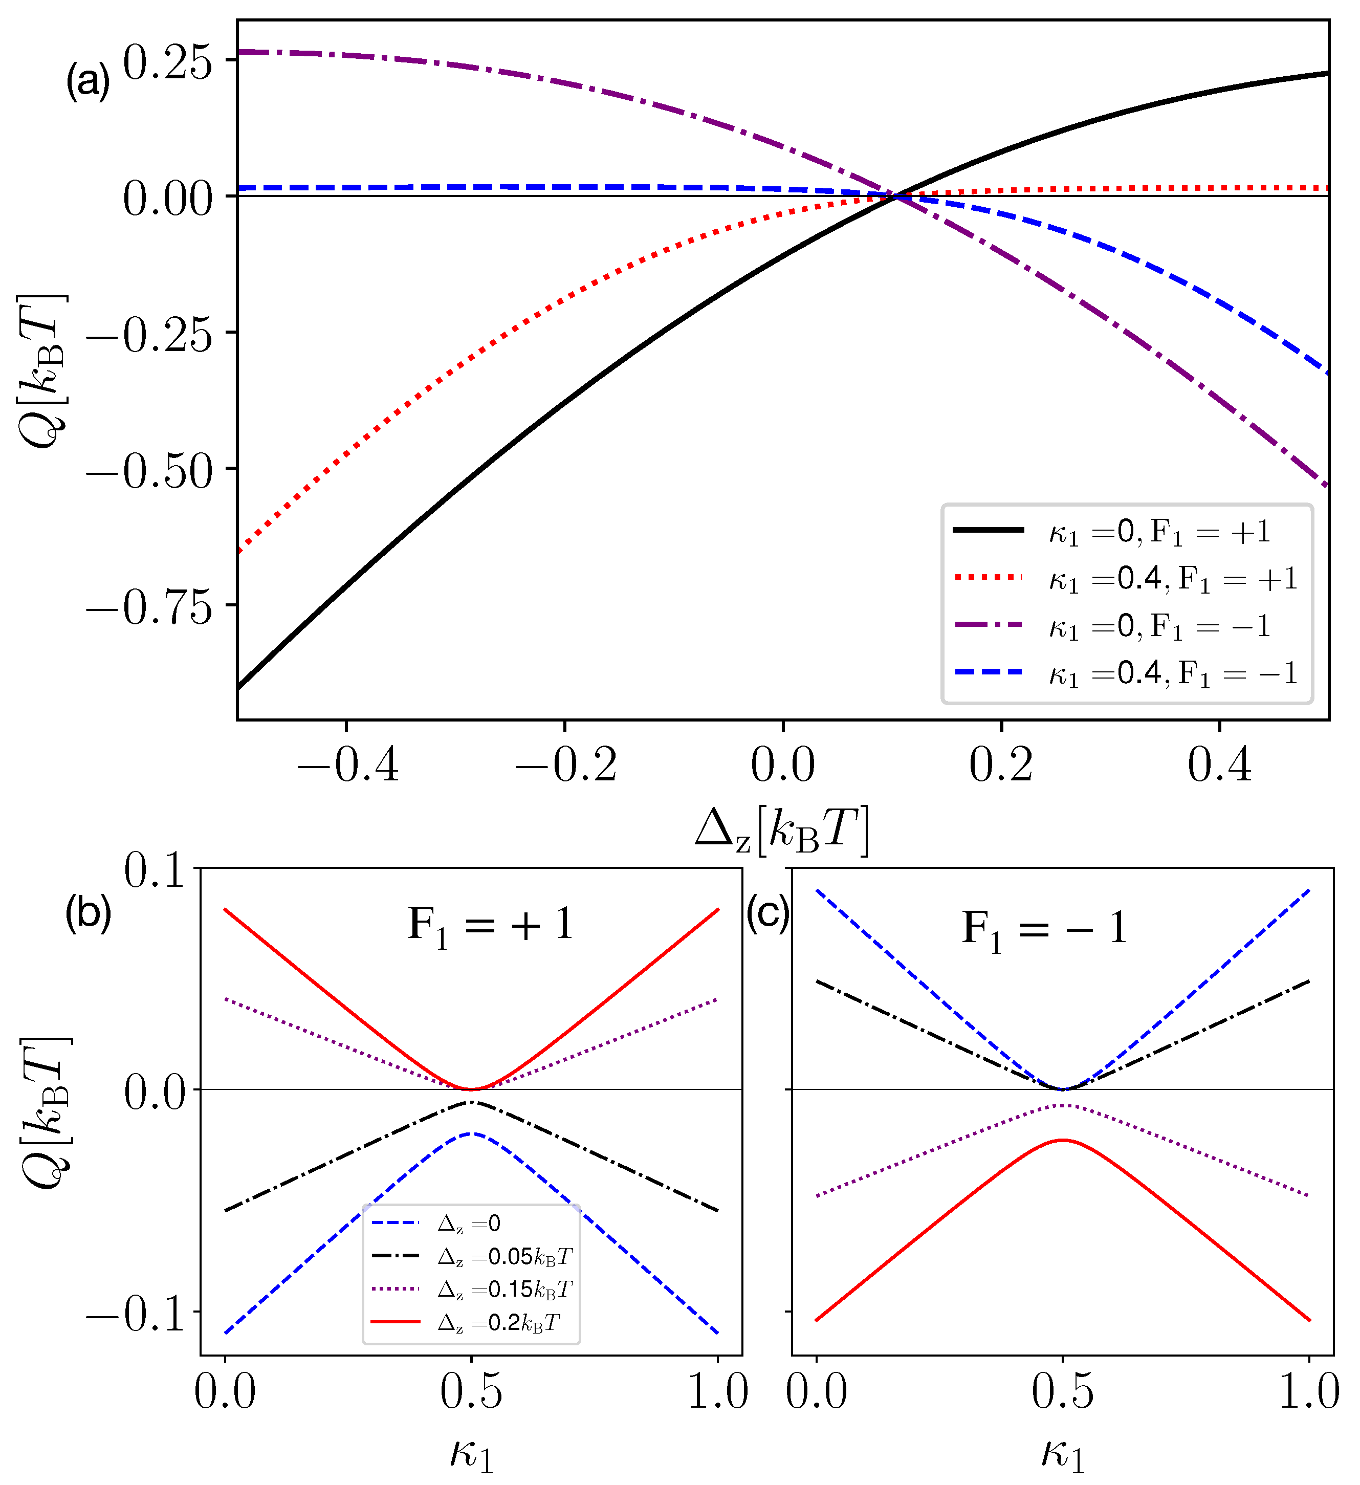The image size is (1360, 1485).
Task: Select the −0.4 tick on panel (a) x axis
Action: pos(347,765)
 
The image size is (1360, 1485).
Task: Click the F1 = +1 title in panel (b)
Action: pos(491,926)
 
